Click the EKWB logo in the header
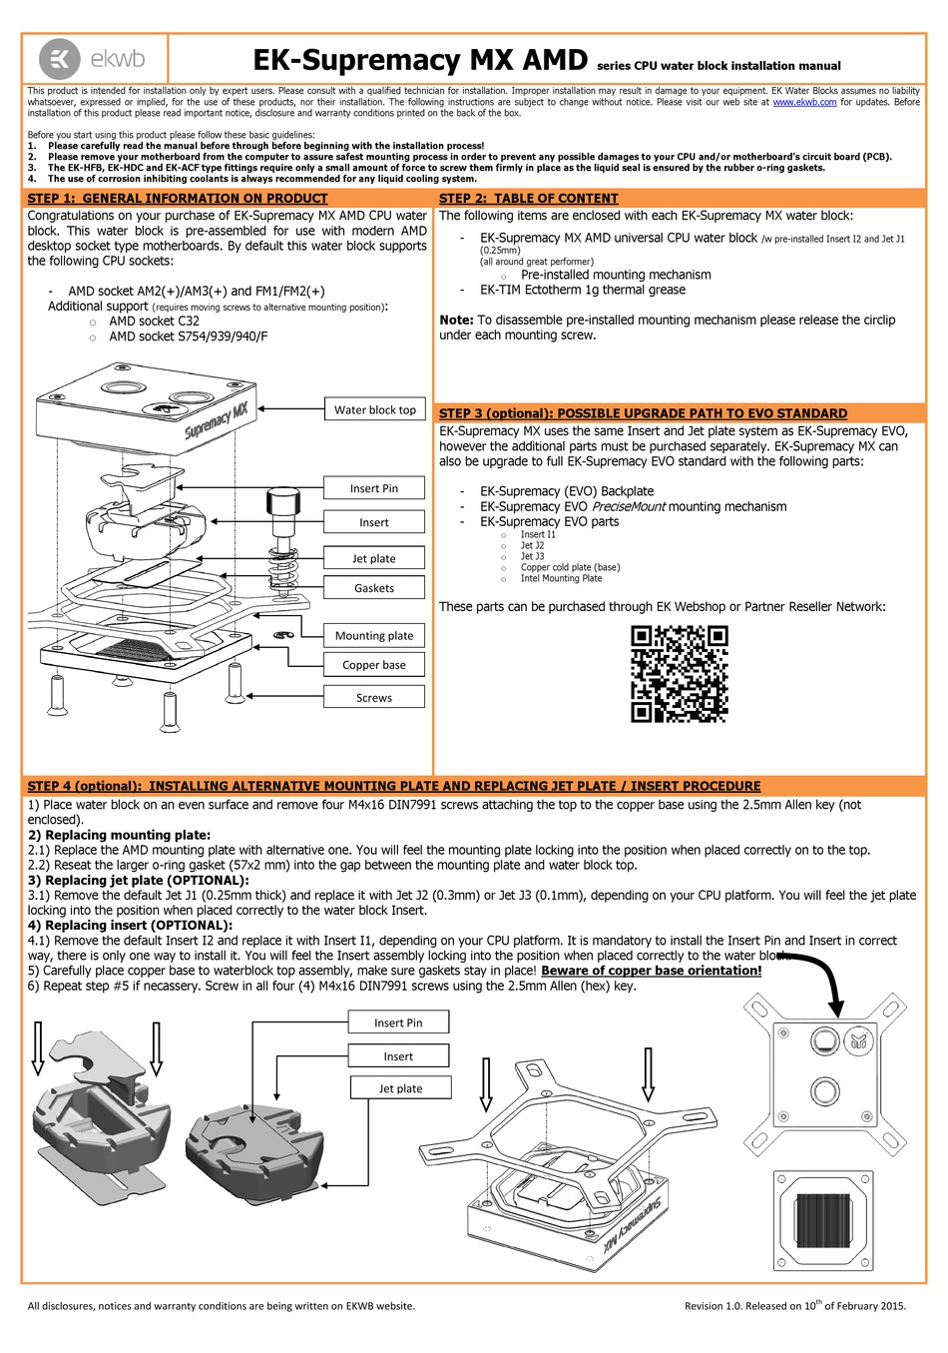coord(96,58)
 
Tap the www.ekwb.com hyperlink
coord(804,102)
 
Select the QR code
coord(679,674)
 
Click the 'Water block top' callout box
coord(374,409)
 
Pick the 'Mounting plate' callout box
coord(374,635)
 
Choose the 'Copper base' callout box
coord(374,665)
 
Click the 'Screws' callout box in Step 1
coord(374,697)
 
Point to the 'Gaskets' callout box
coord(374,588)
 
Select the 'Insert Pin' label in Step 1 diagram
coord(374,488)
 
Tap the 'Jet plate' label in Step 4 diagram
coord(400,1088)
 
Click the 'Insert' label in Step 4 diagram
coord(398,1055)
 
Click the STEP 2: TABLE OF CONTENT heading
coord(529,199)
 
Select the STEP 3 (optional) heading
coord(643,413)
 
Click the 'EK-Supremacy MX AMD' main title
coord(419,61)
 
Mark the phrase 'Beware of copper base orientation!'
coord(652,971)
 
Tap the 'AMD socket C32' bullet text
coord(154,322)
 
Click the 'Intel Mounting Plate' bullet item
coord(561,578)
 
